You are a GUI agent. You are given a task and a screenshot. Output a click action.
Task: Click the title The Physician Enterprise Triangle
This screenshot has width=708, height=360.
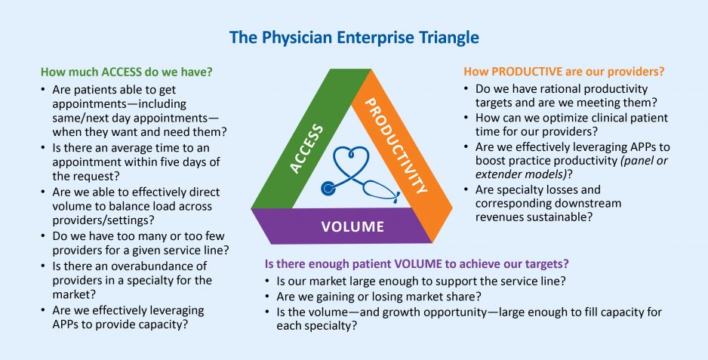[354, 36]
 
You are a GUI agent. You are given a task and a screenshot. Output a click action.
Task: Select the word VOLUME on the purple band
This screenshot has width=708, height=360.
[352, 226]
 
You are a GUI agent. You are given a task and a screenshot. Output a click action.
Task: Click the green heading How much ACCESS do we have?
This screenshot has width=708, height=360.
[126, 73]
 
